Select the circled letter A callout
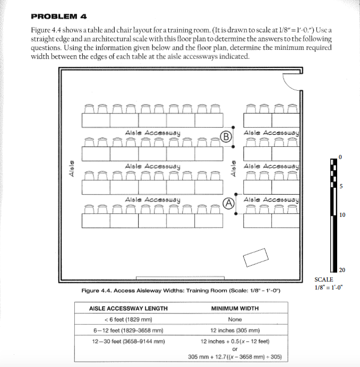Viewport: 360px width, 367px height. pos(229,203)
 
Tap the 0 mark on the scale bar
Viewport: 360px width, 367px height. pos(341,157)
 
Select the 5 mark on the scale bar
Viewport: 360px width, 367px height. pos(341,186)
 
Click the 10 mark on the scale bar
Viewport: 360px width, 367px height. pos(342,215)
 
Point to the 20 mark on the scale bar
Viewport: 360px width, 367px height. pos(342,270)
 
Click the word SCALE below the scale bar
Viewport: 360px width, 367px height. pos(324,279)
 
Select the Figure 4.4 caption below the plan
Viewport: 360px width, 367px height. pos(181,291)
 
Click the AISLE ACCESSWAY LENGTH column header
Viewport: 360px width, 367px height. pos(128,308)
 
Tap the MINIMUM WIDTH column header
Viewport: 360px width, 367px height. pos(235,308)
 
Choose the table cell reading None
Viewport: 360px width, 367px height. pos(235,319)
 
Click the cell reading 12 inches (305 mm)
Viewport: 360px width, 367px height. pos(235,330)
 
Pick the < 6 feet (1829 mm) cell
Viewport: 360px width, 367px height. pos(128,319)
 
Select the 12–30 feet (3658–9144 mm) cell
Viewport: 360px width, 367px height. pos(128,341)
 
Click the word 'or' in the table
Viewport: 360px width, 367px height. pos(235,348)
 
